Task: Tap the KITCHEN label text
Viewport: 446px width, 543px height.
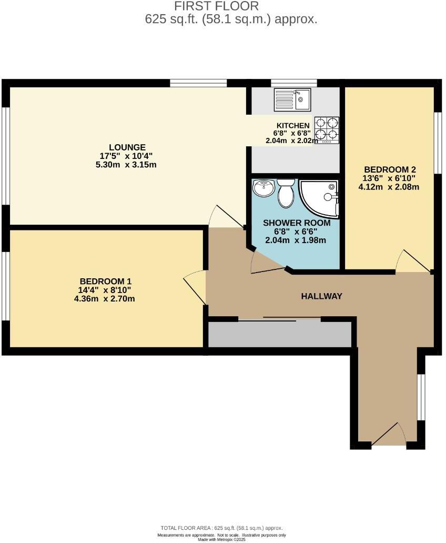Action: point(293,126)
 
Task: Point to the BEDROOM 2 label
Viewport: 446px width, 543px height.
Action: point(390,169)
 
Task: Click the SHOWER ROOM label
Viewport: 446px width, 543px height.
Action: point(297,223)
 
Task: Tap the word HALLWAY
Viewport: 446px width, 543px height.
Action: point(321,296)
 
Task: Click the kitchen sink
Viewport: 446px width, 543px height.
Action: point(292,100)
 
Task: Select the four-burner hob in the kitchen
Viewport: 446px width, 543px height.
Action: point(326,129)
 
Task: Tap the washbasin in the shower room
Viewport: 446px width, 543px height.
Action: point(263,188)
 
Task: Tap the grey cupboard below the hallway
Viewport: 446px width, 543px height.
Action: point(280,335)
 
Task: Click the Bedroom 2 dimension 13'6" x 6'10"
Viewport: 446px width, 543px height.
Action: point(390,178)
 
